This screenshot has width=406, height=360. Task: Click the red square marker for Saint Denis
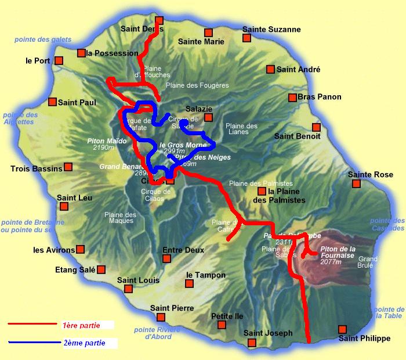pyautogui.click(x=159, y=20)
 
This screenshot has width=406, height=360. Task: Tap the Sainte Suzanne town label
pyautogui.click(x=271, y=29)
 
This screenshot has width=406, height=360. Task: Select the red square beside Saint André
pyautogui.click(x=270, y=70)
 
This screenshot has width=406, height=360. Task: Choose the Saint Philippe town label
pyautogui.click(x=364, y=339)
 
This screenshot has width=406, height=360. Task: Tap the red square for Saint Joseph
pyautogui.click(x=252, y=343)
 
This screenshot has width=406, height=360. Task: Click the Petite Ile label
pyautogui.click(x=227, y=316)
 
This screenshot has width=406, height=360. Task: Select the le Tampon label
pyautogui.click(x=205, y=275)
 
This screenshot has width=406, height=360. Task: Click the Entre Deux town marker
pyautogui.click(x=166, y=258)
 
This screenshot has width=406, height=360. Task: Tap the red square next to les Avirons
pyautogui.click(x=81, y=250)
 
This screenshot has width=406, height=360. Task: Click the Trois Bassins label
pyautogui.click(x=36, y=169)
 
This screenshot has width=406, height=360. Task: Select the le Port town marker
pyautogui.click(x=59, y=60)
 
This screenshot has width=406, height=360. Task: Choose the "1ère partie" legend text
pyautogui.click(x=79, y=325)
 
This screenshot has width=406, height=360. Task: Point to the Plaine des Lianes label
pyautogui.click(x=241, y=128)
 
